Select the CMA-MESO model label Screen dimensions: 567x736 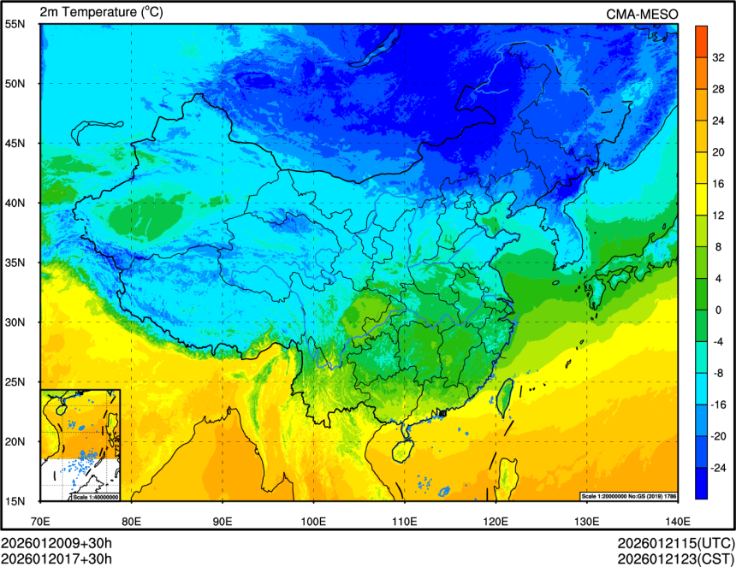point(642,14)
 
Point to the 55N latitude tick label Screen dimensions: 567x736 point(15,24)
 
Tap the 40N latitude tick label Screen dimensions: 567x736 point(15,203)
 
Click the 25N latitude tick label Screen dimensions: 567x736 point(15,381)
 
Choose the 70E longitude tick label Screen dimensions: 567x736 point(40,520)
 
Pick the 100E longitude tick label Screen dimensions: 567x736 point(313,520)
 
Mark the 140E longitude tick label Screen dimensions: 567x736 point(677,520)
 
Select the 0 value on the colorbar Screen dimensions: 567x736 point(718,310)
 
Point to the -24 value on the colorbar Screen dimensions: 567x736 point(718,468)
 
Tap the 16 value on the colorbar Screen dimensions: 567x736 point(718,183)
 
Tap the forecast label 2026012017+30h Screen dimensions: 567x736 point(56,558)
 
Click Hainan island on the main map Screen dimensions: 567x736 point(401,448)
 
